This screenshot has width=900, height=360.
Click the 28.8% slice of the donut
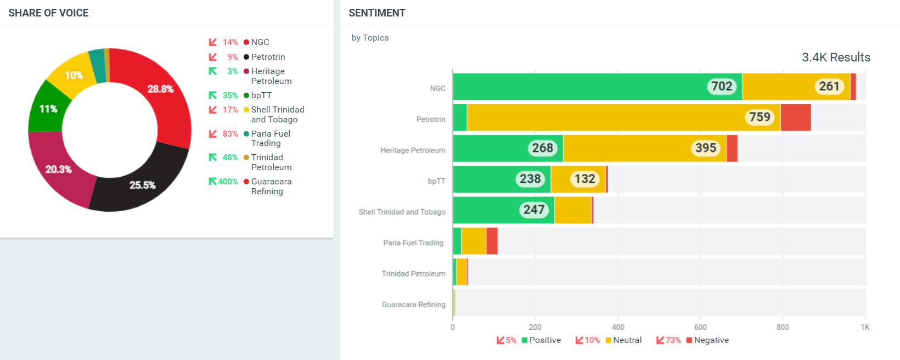[x=160, y=89]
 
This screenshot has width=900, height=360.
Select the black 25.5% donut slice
[x=142, y=185]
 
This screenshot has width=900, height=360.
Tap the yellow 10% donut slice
[x=74, y=75]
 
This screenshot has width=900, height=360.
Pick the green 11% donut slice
[x=48, y=109]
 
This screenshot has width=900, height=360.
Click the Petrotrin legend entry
[x=268, y=57]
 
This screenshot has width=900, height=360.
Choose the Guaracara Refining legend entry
[x=271, y=187]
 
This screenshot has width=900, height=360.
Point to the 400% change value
[x=228, y=182]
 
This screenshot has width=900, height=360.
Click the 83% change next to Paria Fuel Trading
[x=230, y=134]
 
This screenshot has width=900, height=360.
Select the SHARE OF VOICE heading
[x=48, y=13]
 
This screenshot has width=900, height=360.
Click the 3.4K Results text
[x=836, y=58]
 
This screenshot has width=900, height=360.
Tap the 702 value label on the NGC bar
[x=722, y=86]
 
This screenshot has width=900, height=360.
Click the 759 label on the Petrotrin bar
[x=760, y=117]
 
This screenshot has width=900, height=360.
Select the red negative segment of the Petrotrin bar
[x=796, y=117]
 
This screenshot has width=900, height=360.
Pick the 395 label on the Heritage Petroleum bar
[x=705, y=148]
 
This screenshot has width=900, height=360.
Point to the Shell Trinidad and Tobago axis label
[x=402, y=212]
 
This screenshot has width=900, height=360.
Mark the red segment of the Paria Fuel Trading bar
[x=492, y=241]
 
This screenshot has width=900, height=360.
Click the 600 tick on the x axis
[x=700, y=327]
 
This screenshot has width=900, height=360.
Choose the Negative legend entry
[x=711, y=340]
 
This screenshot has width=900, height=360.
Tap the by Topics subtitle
[x=370, y=38]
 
